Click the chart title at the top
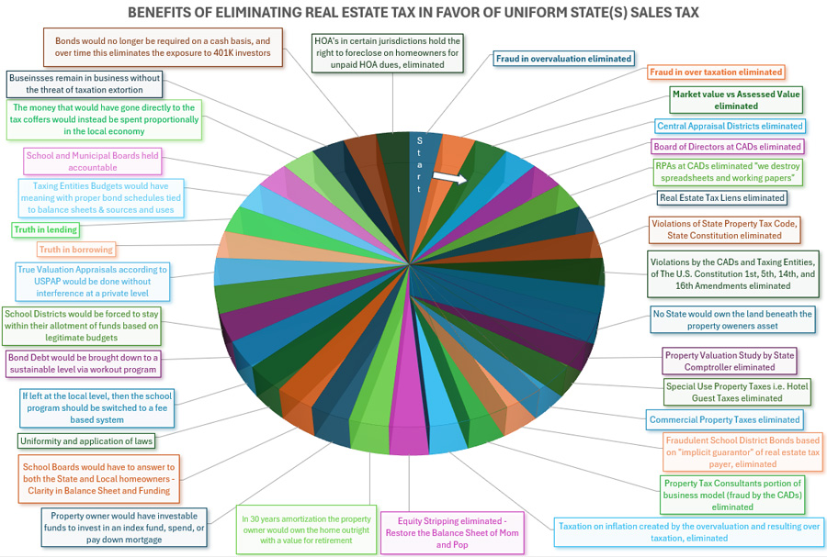(413, 13)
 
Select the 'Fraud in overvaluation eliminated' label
(563, 59)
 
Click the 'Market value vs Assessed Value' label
(736, 99)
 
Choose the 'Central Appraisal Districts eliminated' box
(730, 127)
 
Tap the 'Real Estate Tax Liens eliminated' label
(722, 197)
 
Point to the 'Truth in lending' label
(46, 229)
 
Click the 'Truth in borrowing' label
(76, 250)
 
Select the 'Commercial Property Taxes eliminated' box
(725, 419)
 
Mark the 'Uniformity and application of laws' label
(86, 440)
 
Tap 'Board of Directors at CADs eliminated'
(727, 147)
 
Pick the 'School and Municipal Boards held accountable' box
(92, 162)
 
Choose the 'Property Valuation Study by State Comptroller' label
(729, 360)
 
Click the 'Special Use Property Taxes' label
(737, 392)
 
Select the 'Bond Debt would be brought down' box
(84, 363)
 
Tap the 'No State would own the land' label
(732, 319)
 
